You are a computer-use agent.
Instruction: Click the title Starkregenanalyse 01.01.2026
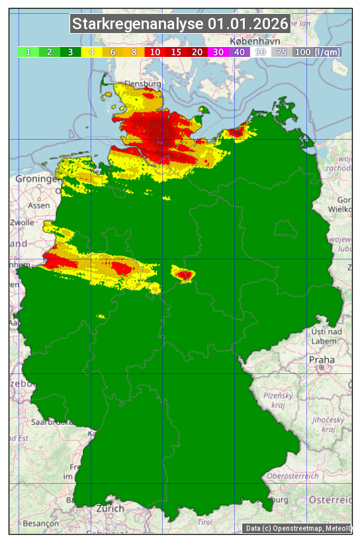[x=180, y=24]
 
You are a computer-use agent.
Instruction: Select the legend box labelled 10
[x=155, y=52]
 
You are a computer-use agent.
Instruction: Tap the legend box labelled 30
[x=218, y=52]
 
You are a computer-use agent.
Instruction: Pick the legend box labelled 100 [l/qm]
[x=318, y=52]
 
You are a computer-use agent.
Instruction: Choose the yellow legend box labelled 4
[x=91, y=52]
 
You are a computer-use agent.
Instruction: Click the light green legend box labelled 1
[x=28, y=52]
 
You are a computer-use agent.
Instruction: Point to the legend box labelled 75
[x=281, y=52]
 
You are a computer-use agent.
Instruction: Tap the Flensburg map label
[x=142, y=85]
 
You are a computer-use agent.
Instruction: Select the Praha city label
[x=321, y=360]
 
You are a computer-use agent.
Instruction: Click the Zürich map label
[x=109, y=508]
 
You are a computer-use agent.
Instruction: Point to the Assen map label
[x=39, y=205]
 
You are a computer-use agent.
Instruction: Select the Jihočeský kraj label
[x=328, y=424]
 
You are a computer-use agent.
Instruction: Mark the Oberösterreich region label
[x=292, y=475]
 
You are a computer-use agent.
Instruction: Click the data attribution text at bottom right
[x=298, y=528]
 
